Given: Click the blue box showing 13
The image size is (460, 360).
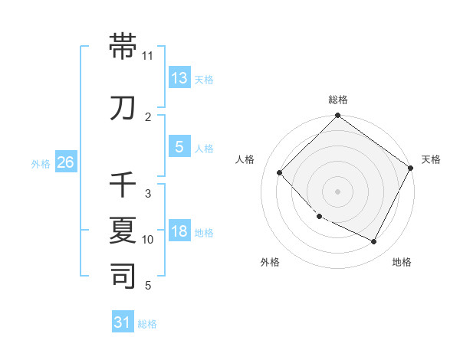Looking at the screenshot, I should coord(179,77).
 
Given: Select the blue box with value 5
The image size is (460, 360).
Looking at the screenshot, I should coord(179,147).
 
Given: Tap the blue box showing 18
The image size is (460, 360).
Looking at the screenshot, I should coord(179,231).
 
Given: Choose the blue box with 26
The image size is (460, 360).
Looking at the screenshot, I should coord(65,162).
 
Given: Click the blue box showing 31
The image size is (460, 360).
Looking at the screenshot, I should coord(123,322).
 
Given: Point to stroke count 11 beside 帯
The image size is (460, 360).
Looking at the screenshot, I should coord(148,56).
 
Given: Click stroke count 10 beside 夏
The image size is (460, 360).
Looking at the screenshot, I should coord(148,240).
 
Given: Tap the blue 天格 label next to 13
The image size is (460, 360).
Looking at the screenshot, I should coord(204,79).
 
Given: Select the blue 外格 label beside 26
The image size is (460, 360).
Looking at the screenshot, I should coord(41,163).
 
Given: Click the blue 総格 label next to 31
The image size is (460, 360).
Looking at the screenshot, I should coord(147,324).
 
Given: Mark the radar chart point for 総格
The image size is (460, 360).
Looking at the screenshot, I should coord(337,116).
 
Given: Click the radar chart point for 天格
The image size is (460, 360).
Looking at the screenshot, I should coord(412,168).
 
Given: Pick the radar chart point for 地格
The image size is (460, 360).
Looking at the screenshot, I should coord(374,242).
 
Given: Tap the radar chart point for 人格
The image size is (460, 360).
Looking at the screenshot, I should coord(280,172).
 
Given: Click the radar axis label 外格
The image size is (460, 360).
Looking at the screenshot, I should coord(270,262).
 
